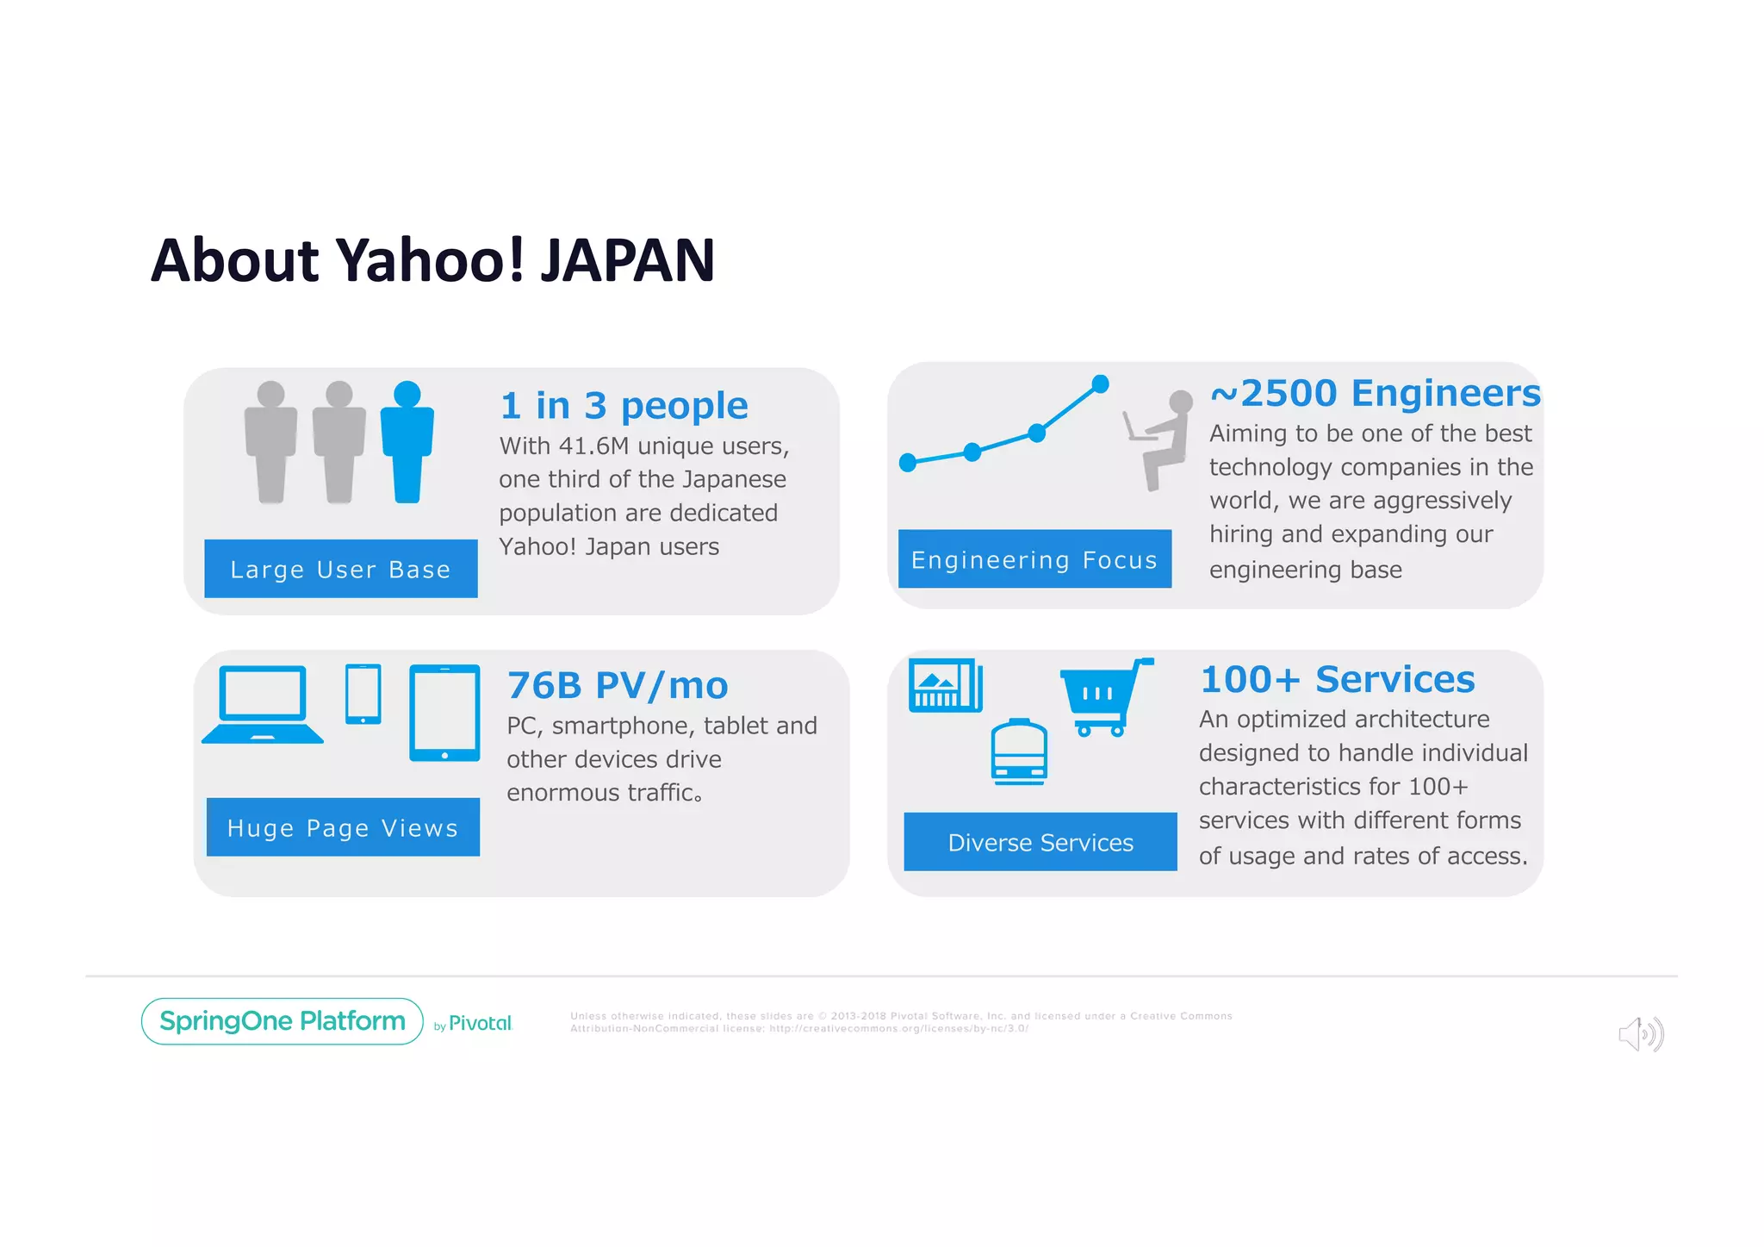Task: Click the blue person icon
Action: click(407, 442)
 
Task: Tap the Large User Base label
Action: click(340, 569)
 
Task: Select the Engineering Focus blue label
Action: click(1034, 559)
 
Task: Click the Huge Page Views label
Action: click(343, 827)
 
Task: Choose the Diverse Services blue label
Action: click(1040, 842)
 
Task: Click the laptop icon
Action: click(263, 704)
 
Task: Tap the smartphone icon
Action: click(363, 694)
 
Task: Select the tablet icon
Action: click(444, 713)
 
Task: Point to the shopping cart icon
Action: click(1102, 696)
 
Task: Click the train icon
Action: click(1019, 751)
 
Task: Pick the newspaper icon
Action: click(945, 686)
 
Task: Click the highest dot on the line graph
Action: click(1100, 383)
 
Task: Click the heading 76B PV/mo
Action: click(618, 686)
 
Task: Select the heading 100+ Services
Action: click(1337, 680)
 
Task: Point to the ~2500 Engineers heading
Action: click(1375, 393)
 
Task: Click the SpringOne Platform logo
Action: click(283, 1021)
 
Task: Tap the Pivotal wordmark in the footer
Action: click(480, 1024)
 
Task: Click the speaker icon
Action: click(1640, 1034)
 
